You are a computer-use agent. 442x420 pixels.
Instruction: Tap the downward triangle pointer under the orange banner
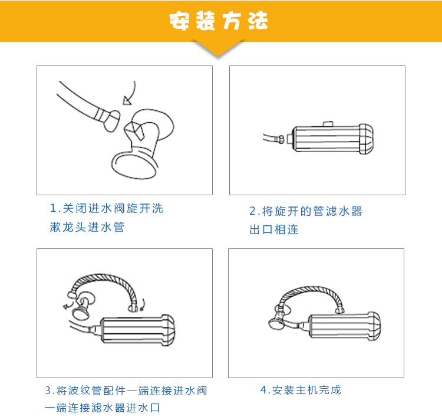click(219, 49)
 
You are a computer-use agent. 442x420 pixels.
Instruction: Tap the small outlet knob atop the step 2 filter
click(328, 123)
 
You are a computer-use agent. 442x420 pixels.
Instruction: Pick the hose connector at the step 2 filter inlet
click(283, 139)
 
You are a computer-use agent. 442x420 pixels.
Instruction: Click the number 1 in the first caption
click(54, 209)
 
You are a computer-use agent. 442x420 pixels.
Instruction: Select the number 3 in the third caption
click(48, 391)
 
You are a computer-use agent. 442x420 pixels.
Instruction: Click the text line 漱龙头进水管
click(87, 227)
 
